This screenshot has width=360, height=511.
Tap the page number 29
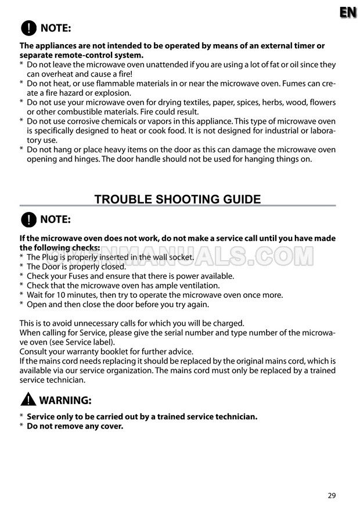pos(332,495)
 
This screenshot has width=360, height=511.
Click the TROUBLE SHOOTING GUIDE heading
pos(178,200)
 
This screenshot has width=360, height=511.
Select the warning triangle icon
pos(28,401)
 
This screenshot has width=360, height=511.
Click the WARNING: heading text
pos(66,401)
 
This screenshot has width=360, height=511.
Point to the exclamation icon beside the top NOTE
pos(28,28)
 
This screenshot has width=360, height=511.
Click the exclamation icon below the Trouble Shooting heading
pos(28,219)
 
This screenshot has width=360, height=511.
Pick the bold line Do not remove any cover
pos(75,426)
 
